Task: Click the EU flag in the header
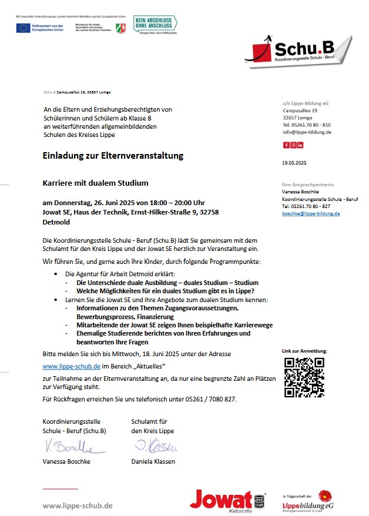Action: pos(24,28)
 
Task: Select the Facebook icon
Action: pos(286,145)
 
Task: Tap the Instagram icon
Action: pos(293,145)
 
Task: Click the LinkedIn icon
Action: pos(300,145)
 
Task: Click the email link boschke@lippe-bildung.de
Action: pos(311,213)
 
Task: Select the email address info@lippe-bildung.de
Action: pos(307,132)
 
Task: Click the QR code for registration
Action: pos(304,377)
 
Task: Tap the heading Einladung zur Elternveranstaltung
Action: pos(113,156)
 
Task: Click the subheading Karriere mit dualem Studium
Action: pos(95,183)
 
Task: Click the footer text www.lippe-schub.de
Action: pos(78,505)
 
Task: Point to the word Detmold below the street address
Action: pos(56,223)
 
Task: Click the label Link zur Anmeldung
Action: pos(304,351)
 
